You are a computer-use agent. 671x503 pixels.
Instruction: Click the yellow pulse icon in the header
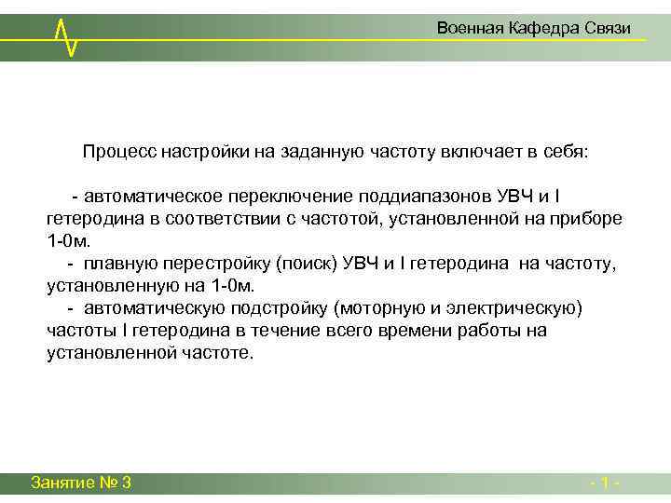click(x=65, y=36)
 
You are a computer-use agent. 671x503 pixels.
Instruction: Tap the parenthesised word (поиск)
click(x=303, y=264)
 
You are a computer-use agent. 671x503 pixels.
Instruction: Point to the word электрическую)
click(x=514, y=308)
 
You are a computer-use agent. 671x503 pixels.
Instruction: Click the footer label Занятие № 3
click(x=81, y=483)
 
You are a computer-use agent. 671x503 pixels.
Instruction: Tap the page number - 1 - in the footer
click(x=606, y=483)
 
